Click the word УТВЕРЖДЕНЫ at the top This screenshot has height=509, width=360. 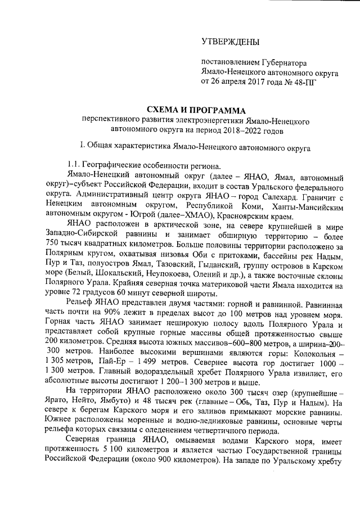(231, 42)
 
